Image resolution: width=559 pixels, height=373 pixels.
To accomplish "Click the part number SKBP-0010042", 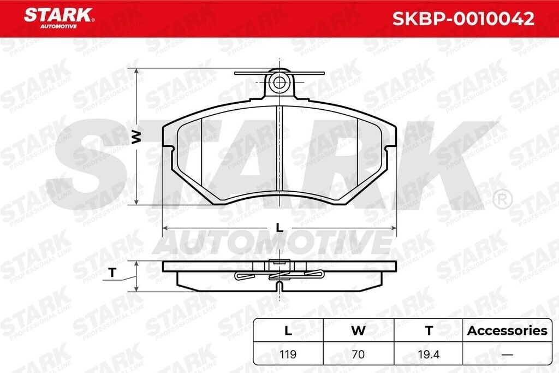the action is [463, 19].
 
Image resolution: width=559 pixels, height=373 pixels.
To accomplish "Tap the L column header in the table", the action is [288, 330].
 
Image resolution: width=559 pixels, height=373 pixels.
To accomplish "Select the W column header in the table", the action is [358, 330].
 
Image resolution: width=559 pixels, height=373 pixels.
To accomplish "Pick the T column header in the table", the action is [429, 330].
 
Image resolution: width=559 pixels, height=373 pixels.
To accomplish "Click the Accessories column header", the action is [507, 330].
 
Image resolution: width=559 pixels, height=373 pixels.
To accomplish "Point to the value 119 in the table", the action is [288, 354].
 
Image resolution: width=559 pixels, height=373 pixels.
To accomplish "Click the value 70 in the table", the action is [358, 354].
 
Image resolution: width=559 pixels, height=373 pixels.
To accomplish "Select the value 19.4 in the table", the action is [429, 354].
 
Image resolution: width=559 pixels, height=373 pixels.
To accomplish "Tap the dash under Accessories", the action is [507, 355].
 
